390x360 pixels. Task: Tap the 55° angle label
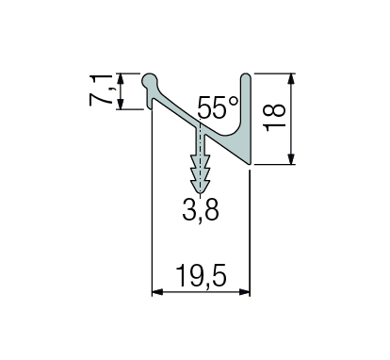(x=219, y=106)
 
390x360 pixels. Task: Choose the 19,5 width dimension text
(x=201, y=274)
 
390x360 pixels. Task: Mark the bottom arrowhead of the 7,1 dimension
(x=122, y=106)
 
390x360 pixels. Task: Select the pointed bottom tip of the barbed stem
(x=200, y=188)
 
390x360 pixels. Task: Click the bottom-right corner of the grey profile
(x=250, y=164)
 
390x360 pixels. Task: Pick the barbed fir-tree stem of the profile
(x=200, y=160)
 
